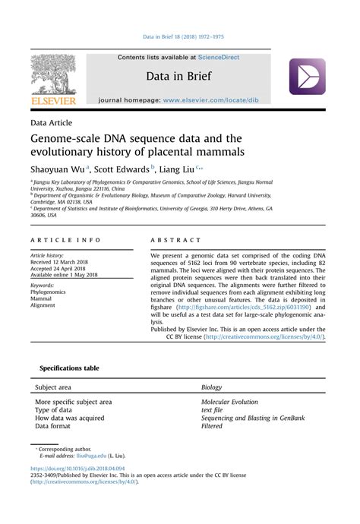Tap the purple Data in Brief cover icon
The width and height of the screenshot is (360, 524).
click(x=307, y=77)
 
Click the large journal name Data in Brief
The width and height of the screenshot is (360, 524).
click(x=179, y=77)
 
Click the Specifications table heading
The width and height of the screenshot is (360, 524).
click(x=69, y=368)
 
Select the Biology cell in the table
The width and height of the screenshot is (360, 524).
click(x=212, y=387)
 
